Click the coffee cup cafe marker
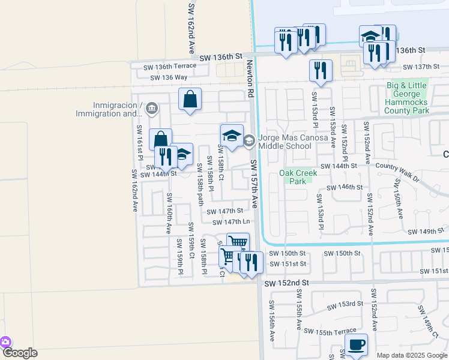coord(357,345)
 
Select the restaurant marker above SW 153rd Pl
coord(321,71)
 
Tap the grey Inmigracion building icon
coord(152,109)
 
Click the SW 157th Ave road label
coord(254,184)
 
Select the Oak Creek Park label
coord(298,177)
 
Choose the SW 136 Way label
coord(169,77)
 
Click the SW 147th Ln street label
coord(231,223)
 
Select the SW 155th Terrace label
coord(330,331)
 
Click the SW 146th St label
coord(344,188)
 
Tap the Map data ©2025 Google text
coord(412,355)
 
